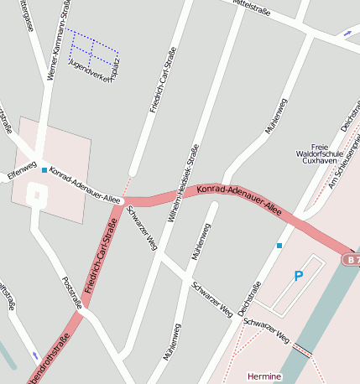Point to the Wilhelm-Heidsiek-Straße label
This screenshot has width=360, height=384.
click(184, 182)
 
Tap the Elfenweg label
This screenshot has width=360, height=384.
click(21, 171)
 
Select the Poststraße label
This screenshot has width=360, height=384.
click(71, 293)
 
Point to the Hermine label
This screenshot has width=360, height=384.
click(264, 377)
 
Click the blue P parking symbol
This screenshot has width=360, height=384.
click(298, 276)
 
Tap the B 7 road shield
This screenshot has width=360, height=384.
click(352, 260)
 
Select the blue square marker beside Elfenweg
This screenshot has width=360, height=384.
click(44, 170)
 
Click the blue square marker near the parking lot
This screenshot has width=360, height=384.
click(279, 246)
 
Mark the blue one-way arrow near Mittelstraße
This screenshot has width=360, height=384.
click(348, 34)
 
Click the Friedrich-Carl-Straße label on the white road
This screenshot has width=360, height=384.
click(163, 80)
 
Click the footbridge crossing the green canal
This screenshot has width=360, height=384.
click(301, 352)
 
